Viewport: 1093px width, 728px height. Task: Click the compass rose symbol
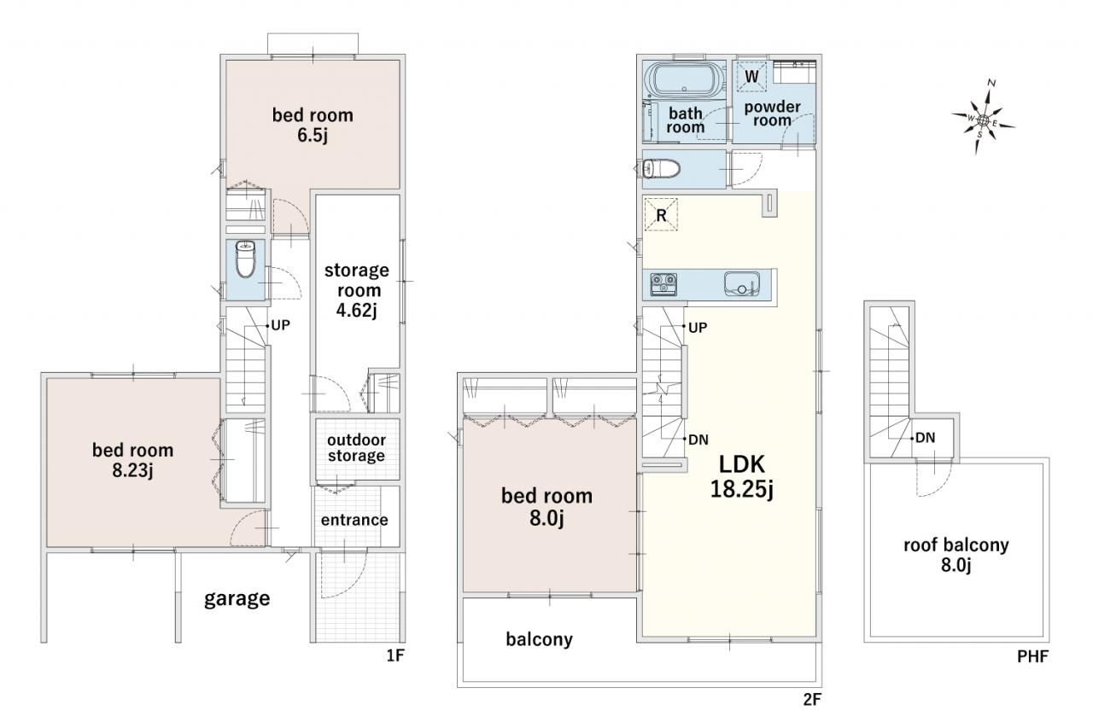tap(983, 119)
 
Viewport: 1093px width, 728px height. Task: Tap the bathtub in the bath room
tap(685, 80)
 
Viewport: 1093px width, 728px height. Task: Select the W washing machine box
tap(751, 77)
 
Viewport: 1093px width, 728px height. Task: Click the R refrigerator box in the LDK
tap(661, 214)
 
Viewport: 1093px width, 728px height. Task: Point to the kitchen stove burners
tap(663, 284)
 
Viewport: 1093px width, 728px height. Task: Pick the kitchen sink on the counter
tap(742, 284)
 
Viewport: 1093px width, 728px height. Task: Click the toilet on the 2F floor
tap(662, 169)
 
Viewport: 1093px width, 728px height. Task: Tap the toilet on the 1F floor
tap(245, 259)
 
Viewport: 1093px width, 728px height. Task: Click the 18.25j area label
tap(742, 489)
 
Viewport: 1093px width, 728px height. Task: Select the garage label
tap(237, 599)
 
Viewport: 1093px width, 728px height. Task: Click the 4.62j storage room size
tap(357, 310)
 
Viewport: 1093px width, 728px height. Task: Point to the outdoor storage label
tap(356, 447)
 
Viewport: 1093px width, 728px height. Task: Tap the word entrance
tap(354, 520)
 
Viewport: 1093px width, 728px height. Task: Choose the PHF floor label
tap(1033, 656)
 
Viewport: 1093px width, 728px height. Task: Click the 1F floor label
tap(395, 655)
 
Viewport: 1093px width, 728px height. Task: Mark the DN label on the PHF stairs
tap(926, 438)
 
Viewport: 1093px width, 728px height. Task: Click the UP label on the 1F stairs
tap(281, 325)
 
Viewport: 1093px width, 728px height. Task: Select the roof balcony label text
tap(956, 545)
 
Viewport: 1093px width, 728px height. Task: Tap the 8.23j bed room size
tap(132, 470)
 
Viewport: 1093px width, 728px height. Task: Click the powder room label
tap(773, 114)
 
